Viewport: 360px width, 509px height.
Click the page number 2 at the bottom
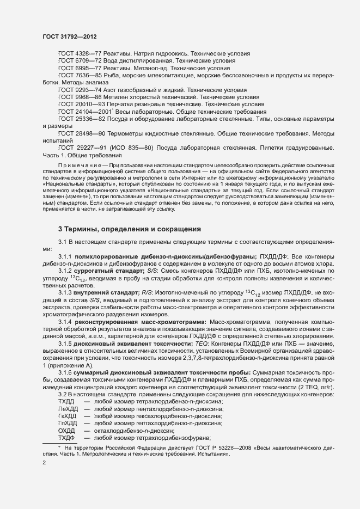point(44,463)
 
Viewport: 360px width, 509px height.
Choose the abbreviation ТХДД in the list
point(66,401)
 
